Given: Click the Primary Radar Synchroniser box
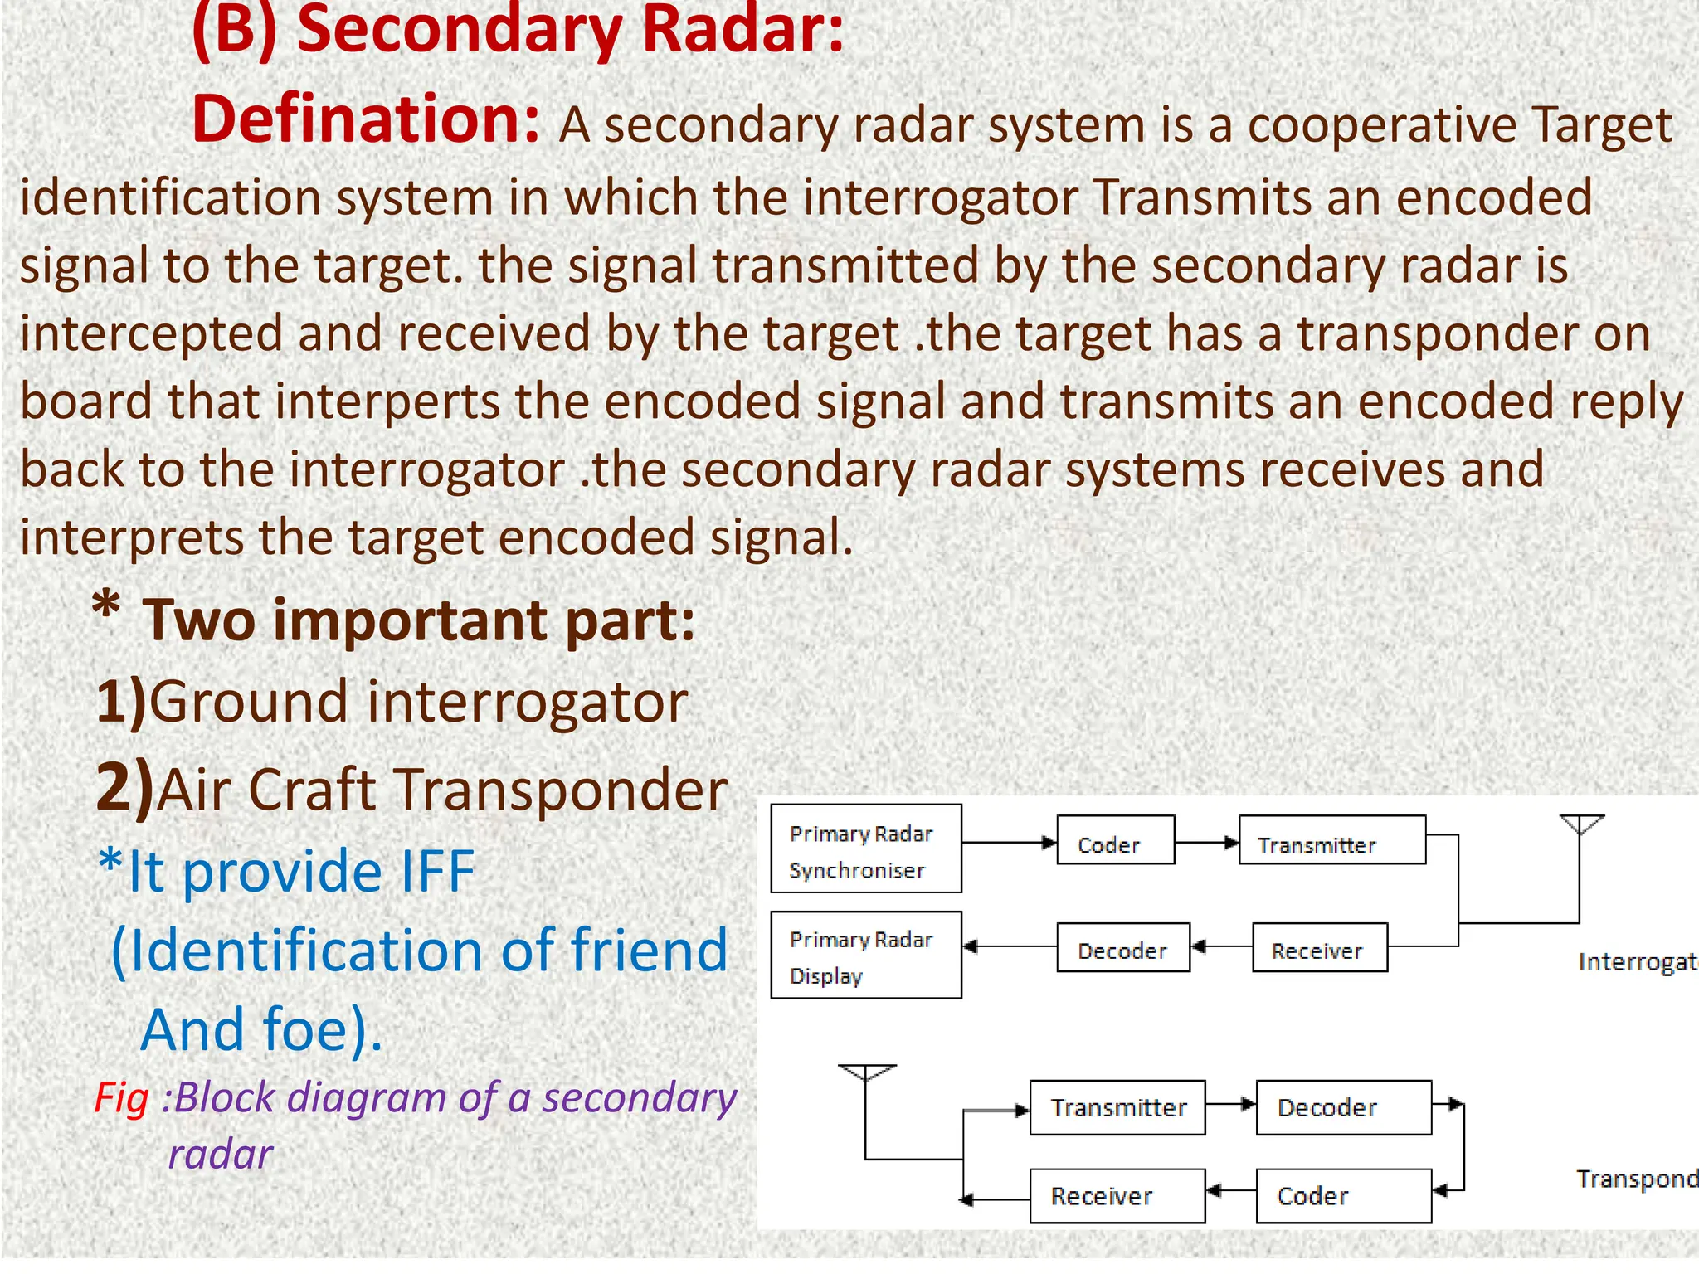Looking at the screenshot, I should pyautogui.click(x=865, y=848).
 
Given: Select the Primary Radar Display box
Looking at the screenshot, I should pyautogui.click(x=865, y=955).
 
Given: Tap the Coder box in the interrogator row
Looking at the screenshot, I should pyautogui.click(x=1115, y=840).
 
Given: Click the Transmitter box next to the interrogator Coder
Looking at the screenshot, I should pyautogui.click(x=1331, y=840).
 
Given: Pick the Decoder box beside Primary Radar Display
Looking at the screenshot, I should pyautogui.click(x=1122, y=947).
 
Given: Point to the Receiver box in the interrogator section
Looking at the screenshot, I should pyautogui.click(x=1319, y=947).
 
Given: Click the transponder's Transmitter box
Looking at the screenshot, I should pyautogui.click(x=1117, y=1107).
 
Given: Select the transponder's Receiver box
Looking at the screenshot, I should pyautogui.click(x=1117, y=1195).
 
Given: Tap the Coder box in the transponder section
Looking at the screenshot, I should pyautogui.click(x=1343, y=1195).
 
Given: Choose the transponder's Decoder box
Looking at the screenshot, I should pyautogui.click(x=1343, y=1107).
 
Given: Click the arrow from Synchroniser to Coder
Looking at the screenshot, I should pyautogui.click(x=1008, y=843).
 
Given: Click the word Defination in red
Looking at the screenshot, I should pyautogui.click(x=365, y=120).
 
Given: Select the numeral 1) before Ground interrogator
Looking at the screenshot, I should pyautogui.click(x=121, y=702).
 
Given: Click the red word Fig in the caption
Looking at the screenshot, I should pyautogui.click(x=121, y=1099).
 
